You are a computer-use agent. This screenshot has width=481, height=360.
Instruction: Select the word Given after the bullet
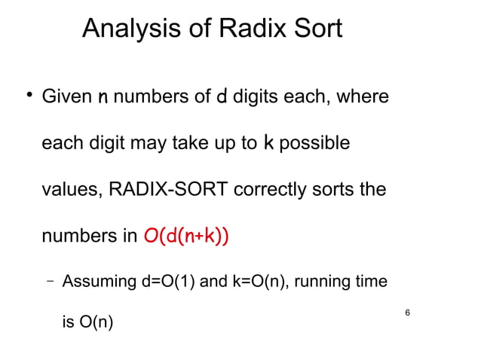pos(65,98)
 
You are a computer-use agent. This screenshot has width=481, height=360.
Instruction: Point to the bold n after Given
pos(102,98)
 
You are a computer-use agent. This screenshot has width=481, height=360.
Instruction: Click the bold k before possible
pos(268,142)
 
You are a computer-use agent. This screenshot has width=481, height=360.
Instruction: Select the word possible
pos(314,143)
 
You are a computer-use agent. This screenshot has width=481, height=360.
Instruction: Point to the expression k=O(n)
pos(253,282)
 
